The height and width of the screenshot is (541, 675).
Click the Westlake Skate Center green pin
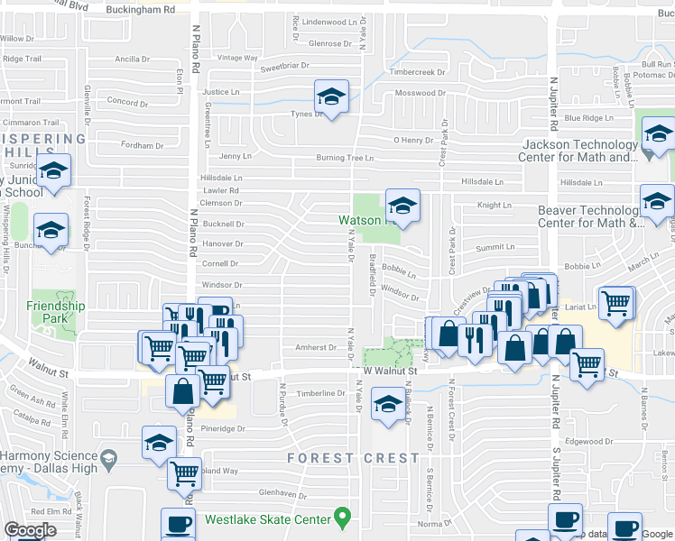click(342, 518)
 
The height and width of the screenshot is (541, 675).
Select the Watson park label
click(360, 220)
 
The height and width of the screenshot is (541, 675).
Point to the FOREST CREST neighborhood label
click(354, 458)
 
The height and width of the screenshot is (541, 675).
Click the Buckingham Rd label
click(140, 9)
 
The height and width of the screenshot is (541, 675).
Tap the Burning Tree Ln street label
click(345, 158)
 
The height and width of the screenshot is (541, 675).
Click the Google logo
click(30, 530)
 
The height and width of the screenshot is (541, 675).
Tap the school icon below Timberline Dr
click(388, 405)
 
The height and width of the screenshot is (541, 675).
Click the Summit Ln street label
click(495, 246)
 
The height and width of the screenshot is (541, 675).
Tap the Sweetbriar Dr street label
click(284, 67)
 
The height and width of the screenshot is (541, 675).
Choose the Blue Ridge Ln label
click(588, 118)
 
